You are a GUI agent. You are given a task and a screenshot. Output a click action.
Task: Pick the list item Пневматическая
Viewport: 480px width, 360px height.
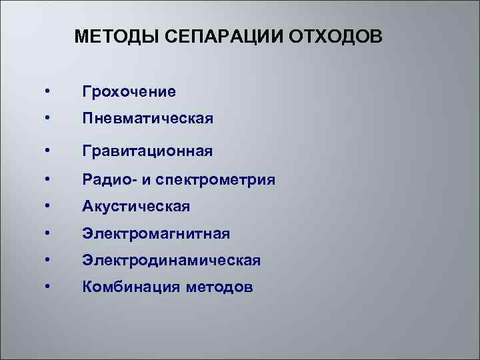coord(147,119)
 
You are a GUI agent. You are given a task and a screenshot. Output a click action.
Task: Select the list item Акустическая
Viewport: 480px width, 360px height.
coord(136,207)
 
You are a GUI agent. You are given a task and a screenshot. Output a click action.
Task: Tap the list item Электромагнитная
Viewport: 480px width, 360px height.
coord(155,233)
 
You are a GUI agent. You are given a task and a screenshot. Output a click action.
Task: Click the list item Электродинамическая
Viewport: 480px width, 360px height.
coord(171,260)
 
